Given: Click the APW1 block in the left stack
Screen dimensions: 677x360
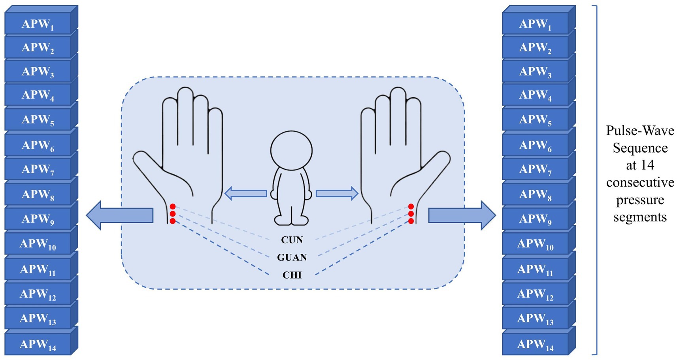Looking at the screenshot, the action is (38, 24).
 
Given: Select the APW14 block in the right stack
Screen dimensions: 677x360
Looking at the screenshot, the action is (535, 344).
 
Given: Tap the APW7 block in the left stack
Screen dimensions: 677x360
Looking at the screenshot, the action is (38, 169).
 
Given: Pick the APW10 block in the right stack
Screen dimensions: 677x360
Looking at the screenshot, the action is (535, 243).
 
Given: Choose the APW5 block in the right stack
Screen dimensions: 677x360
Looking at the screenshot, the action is (535, 119).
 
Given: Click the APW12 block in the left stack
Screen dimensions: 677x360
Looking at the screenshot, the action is (38, 294).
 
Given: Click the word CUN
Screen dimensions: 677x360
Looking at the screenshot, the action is (292, 240).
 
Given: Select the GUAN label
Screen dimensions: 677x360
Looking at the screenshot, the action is (292, 258).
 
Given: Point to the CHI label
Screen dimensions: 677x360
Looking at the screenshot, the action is (292, 275).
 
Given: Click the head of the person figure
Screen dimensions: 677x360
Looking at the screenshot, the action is (291, 151).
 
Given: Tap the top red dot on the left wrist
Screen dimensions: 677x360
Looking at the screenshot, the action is (173, 207).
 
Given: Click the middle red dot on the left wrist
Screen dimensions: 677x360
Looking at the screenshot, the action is (173, 214).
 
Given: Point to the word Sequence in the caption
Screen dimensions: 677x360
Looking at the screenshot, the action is (640, 148).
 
